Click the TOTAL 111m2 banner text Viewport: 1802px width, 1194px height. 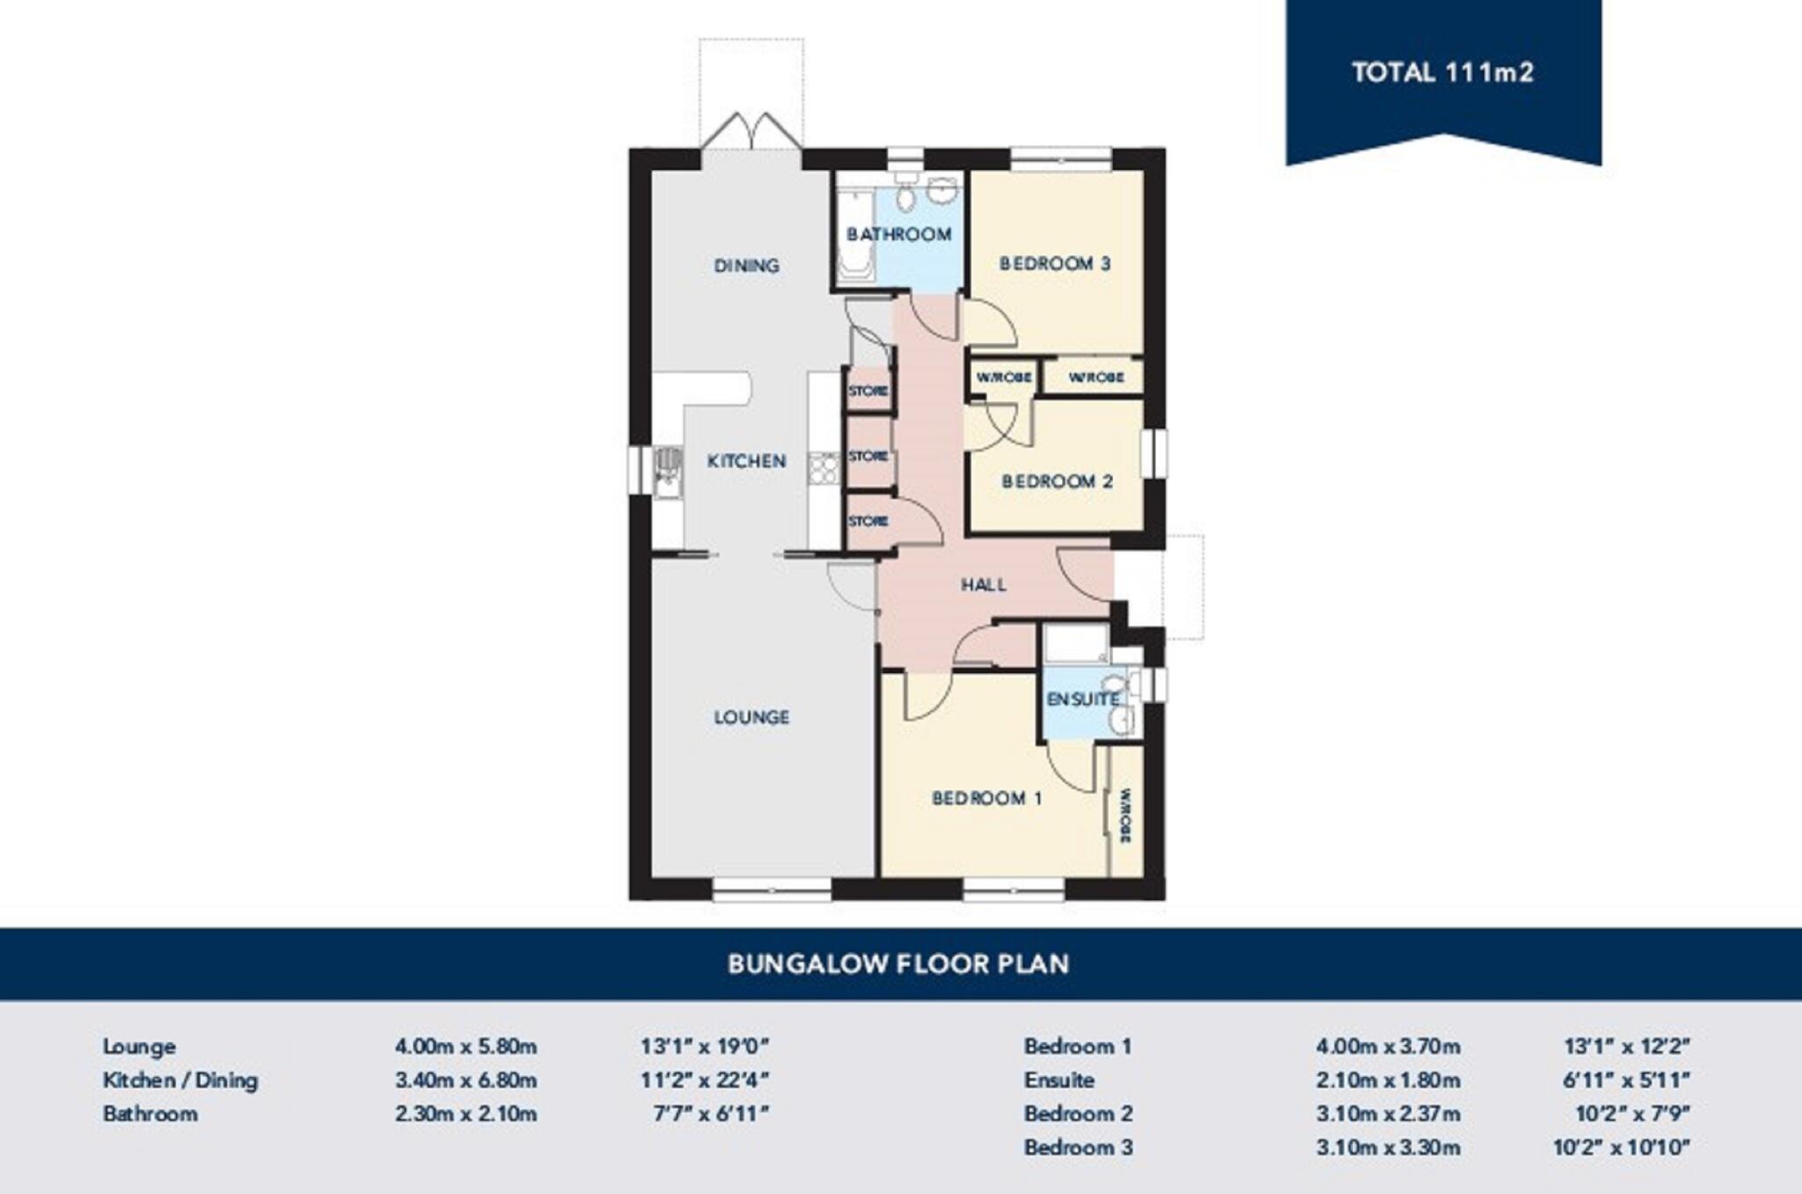pos(1442,72)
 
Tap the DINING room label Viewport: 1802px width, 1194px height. pos(746,265)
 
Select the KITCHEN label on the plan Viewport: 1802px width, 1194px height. pos(746,461)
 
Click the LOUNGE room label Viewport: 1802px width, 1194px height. pos(751,717)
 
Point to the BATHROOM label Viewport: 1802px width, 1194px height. pos(898,234)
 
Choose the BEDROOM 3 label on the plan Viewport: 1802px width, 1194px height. pos(1054,263)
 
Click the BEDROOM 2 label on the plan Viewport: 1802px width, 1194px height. pos(1057,481)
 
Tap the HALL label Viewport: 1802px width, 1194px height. pos(983,585)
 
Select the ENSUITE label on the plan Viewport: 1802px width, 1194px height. pos(1082,700)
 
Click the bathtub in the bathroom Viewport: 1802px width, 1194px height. pos(854,237)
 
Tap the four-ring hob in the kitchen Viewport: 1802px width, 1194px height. pos(824,468)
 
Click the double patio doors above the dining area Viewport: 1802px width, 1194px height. pos(751,132)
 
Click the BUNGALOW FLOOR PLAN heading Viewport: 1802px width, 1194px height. pos(898,963)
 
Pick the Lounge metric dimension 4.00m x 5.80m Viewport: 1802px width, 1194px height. pos(465,1046)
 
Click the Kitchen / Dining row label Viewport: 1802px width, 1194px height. pos(180,1080)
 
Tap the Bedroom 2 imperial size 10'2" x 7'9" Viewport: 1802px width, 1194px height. pos(1632,1113)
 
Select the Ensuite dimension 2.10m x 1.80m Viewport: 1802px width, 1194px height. pos(1388,1080)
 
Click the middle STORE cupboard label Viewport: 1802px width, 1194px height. pos(868,456)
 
